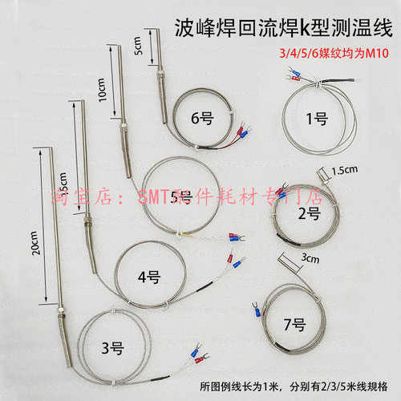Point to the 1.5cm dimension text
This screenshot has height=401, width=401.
pos(346,171)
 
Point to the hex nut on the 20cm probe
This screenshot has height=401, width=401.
pos(62,307)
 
